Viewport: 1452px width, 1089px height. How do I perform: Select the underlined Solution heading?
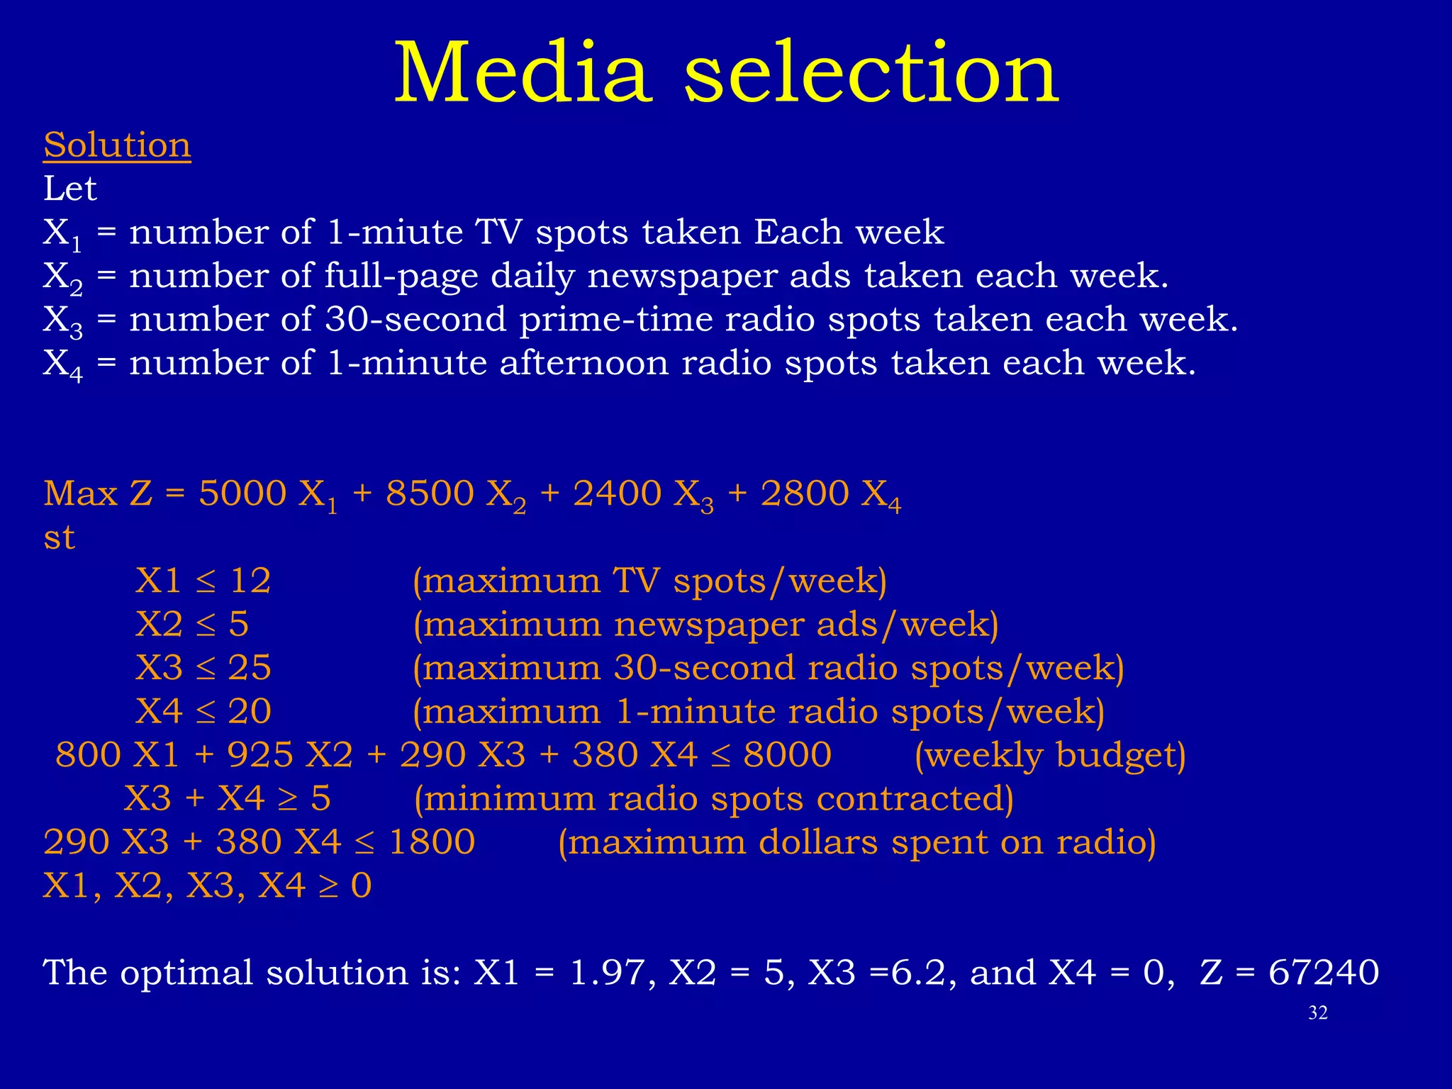[117, 145]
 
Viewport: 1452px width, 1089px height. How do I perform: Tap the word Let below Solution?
[69, 189]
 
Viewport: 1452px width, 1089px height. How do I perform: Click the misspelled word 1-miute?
[394, 232]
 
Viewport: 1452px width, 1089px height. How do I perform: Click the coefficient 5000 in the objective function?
[242, 493]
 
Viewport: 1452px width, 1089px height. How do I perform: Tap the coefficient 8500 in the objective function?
[429, 493]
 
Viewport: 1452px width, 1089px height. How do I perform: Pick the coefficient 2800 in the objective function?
[804, 493]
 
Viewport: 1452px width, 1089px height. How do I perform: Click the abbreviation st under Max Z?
[59, 537]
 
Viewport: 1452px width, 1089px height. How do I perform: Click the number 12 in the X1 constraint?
[250, 581]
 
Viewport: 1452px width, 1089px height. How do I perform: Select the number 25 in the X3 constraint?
[250, 668]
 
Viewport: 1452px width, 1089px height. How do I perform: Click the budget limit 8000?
[787, 754]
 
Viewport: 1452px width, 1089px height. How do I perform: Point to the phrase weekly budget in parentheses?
[1049, 754]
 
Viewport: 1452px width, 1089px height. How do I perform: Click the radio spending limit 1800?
[432, 842]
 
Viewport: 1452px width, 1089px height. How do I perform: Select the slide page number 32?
[1317, 1013]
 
